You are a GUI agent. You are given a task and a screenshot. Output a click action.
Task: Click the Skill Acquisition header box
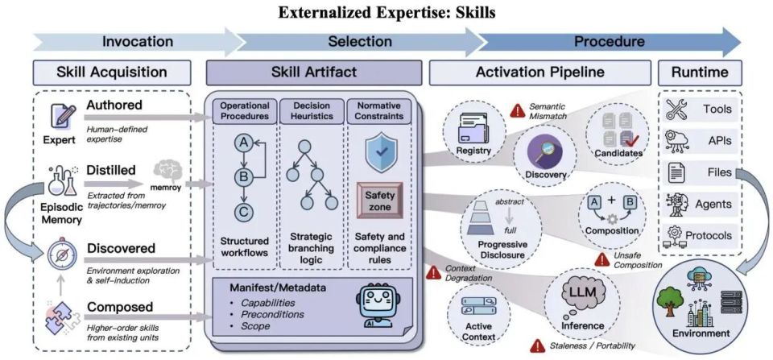[112, 72]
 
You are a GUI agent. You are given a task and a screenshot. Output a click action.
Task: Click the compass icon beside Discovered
[62, 254]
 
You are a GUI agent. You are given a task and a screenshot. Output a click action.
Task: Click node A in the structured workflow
[242, 143]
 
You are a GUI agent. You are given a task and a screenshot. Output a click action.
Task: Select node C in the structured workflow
[242, 212]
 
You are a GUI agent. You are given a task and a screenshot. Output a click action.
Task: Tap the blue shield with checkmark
[381, 153]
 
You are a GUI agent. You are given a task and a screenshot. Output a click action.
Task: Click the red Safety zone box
[380, 201]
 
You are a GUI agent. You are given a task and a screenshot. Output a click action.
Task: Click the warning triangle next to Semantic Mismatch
[517, 111]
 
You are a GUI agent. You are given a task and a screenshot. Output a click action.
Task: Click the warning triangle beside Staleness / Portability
[537, 346]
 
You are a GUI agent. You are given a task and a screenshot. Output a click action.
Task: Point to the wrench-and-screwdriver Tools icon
[677, 110]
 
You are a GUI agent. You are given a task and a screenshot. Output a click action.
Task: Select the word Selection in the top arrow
[360, 42]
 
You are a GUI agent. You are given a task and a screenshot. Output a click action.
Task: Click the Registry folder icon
[473, 128]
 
